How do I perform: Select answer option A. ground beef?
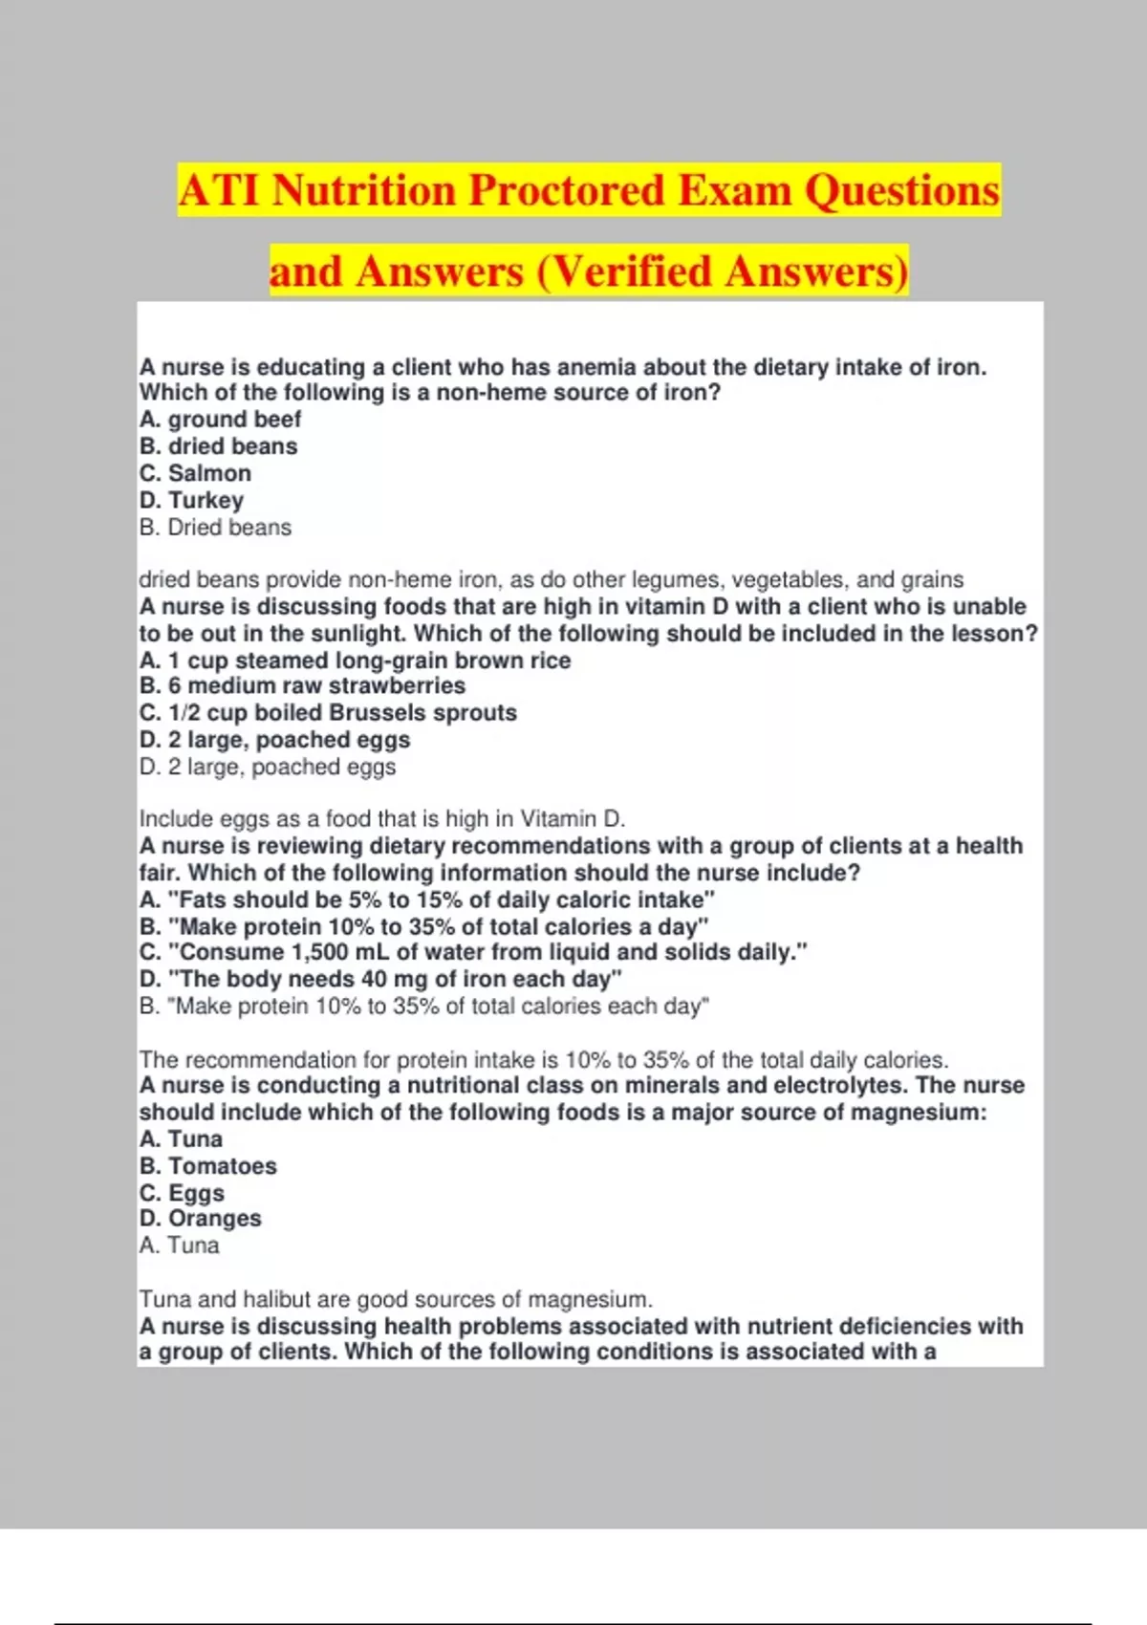tap(220, 420)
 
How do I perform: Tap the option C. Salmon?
tap(195, 473)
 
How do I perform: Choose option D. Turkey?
tap(191, 500)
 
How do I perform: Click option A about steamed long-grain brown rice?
tap(355, 661)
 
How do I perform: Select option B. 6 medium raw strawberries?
tap(302, 685)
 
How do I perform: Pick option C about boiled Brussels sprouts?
tap(328, 713)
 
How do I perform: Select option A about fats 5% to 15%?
tap(426, 899)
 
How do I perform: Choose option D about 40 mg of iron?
tap(380, 979)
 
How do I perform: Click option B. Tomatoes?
tap(208, 1166)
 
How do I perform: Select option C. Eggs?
tap(182, 1193)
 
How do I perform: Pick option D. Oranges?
tap(200, 1219)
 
